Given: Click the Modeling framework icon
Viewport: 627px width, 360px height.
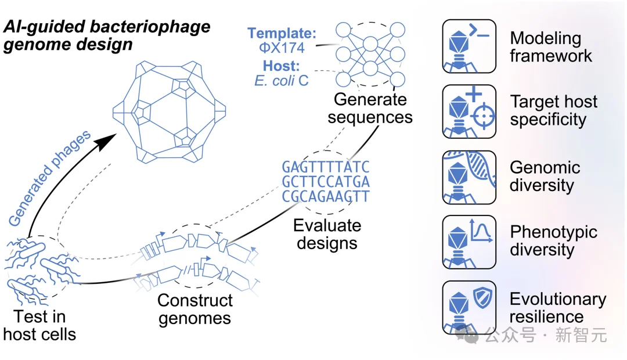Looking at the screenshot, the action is pos(469,46).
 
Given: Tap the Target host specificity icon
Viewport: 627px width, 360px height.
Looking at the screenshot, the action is pos(469,111).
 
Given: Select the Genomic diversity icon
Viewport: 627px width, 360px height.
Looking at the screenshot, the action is pos(469,177).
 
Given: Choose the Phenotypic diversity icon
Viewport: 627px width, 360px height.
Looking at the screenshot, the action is pos(469,242).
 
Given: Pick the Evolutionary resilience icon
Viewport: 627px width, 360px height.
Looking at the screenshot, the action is pos(469,307).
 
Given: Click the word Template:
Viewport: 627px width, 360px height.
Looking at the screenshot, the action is pos(282,33).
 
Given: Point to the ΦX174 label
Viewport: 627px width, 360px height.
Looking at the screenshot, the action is pos(282,48).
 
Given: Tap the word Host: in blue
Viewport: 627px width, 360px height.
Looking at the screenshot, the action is pos(281,66).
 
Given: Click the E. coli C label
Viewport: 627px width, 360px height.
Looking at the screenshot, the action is pos(282,81).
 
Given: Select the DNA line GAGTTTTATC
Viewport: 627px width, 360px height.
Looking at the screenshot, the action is pos(326,167).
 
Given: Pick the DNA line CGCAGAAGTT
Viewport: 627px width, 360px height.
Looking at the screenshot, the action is pos(326,196).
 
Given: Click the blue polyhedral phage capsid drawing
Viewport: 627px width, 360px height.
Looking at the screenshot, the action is pos(169,112).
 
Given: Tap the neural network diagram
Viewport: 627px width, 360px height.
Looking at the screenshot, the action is pos(370,55).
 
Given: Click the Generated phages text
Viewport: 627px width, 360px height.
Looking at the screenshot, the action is pos(49,178).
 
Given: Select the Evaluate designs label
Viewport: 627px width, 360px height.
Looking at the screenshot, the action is pos(327,235).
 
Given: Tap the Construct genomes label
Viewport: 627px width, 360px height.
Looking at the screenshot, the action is pos(194,309).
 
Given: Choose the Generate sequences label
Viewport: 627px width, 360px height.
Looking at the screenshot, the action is pos(370,109).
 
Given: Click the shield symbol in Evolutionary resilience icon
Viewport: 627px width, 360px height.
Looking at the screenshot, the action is pos(482,297).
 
